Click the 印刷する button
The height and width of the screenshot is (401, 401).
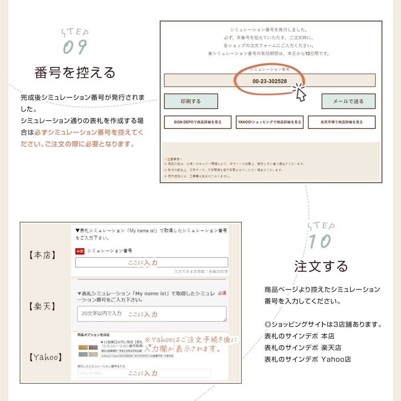pyautogui.click(x=191, y=101)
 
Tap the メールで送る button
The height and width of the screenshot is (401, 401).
pyautogui.click(x=348, y=101)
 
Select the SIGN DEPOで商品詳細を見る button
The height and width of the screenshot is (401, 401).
pyautogui.click(x=198, y=122)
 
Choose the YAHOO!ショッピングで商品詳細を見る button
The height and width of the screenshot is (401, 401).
pyautogui.click(x=269, y=122)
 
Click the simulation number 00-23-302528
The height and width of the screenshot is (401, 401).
pyautogui.click(x=269, y=81)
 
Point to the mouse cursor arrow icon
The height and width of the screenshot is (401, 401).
pyautogui.click(x=300, y=92)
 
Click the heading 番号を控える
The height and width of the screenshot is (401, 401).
pyautogui.click(x=75, y=73)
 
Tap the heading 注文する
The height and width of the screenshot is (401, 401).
pyautogui.click(x=321, y=266)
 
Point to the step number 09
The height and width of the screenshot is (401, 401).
pyautogui.click(x=75, y=47)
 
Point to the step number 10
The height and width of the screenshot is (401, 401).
pyautogui.click(x=320, y=241)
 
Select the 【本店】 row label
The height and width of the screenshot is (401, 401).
pyautogui.click(x=43, y=255)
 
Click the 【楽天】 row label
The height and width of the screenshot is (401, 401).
pyautogui.click(x=43, y=307)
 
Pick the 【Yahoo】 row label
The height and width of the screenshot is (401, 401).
pyautogui.click(x=46, y=357)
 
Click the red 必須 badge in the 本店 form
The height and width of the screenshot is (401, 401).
pyautogui.click(x=80, y=251)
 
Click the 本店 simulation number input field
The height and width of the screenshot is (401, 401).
pyautogui.click(x=152, y=263)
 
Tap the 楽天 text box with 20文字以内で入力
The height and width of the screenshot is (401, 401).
pyautogui.click(x=152, y=314)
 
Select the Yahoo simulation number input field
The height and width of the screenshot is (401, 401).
pyautogui.click(x=144, y=373)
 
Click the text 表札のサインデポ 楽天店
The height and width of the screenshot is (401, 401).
pyautogui.click(x=303, y=348)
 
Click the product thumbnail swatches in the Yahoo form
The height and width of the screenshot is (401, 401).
pyautogui.click(x=88, y=350)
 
